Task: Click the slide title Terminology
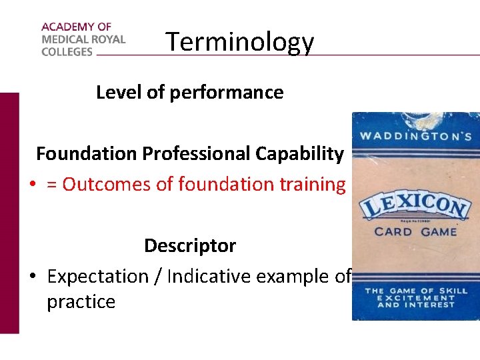coord(239,41)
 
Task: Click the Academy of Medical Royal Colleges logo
coord(83,39)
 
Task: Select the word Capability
coord(300,154)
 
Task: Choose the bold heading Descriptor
coord(190,246)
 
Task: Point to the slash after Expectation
coord(158,277)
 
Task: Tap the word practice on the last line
coord(81,302)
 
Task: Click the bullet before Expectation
coord(32,277)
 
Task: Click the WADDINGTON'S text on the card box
coord(416,137)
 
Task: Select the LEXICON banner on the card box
coord(415,205)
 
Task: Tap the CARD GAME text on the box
coord(415,232)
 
